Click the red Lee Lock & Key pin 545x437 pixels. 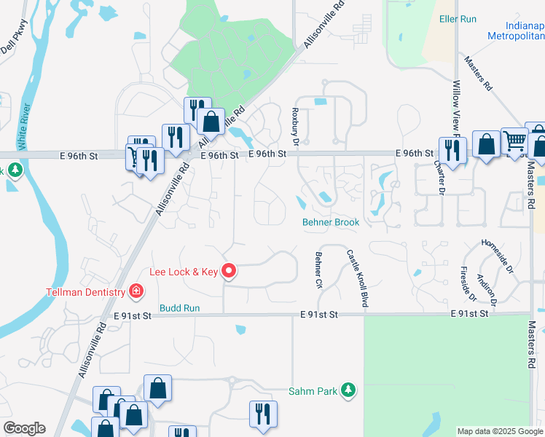click(x=229, y=272)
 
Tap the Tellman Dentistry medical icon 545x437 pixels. click(x=136, y=292)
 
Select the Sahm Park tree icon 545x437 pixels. click(x=349, y=390)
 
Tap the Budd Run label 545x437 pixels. click(x=180, y=308)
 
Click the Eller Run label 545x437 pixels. click(x=458, y=19)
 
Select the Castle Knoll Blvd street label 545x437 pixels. click(x=356, y=279)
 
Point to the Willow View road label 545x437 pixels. click(x=457, y=109)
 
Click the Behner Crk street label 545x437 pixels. click(x=318, y=269)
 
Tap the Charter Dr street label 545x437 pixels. click(x=440, y=177)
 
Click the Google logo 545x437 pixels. click(x=24, y=428)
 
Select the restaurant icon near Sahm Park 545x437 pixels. click(x=263, y=413)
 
